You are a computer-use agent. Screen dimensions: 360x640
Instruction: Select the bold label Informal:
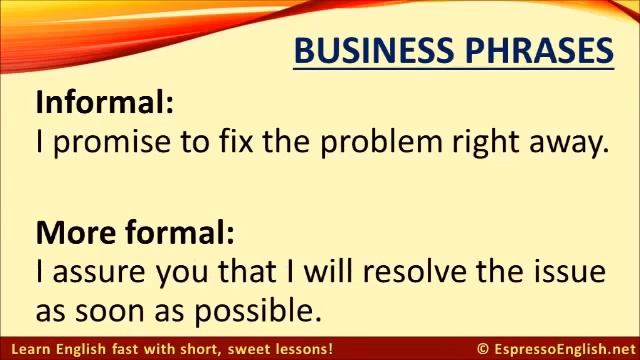[x=105, y=102]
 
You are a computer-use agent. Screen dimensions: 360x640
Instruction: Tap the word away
[x=573, y=143]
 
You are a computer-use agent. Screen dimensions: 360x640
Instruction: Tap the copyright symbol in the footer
[x=483, y=349]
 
